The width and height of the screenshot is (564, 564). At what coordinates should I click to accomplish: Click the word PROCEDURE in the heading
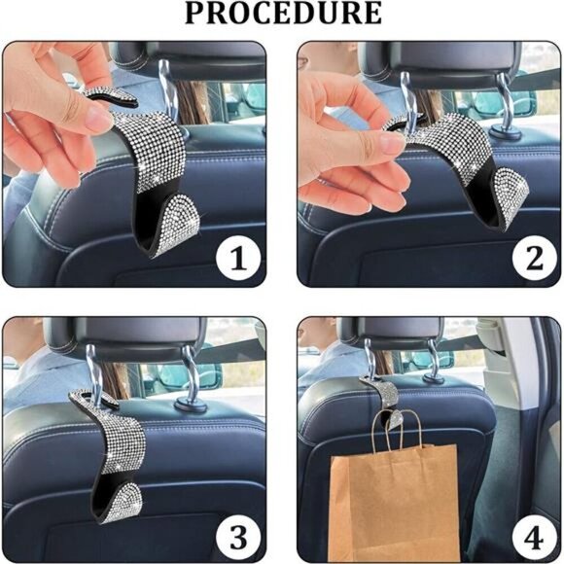click(283, 14)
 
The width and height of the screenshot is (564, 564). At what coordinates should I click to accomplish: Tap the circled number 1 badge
click(238, 259)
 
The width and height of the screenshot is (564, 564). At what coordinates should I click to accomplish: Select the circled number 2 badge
click(534, 259)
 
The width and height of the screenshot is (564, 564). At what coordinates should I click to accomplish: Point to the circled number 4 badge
click(534, 539)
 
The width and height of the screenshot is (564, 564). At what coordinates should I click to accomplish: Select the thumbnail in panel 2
click(389, 143)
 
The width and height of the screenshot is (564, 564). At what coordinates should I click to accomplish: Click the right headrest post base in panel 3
click(191, 405)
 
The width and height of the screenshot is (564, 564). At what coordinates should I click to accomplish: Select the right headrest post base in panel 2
click(505, 133)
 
